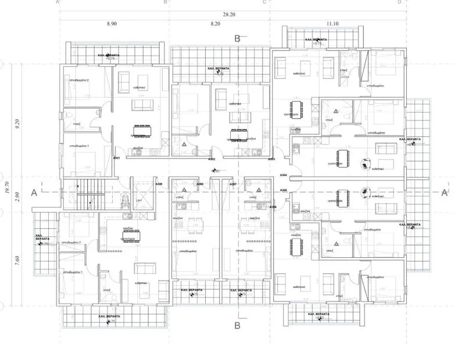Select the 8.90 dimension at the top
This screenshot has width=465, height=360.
[x=112, y=24]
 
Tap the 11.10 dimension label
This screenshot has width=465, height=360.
[x=332, y=24]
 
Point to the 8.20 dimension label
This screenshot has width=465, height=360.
[x=216, y=24]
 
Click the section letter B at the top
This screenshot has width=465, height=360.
[x=237, y=39]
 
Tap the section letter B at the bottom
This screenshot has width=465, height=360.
[x=237, y=325]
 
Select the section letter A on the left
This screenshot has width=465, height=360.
[x=35, y=192]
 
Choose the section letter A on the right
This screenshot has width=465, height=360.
[x=444, y=193]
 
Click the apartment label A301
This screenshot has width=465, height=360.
[x=116, y=159]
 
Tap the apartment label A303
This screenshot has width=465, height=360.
[x=271, y=159]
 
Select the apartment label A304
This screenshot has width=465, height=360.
[x=284, y=175]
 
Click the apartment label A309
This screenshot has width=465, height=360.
[x=159, y=184]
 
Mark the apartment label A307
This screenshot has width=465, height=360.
[x=233, y=184]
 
